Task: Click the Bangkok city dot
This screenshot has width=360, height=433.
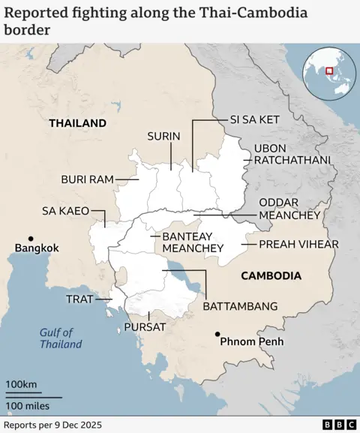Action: pos(30,238)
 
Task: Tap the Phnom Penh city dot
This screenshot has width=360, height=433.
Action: pos(217,334)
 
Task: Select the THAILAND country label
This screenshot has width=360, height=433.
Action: pos(77,123)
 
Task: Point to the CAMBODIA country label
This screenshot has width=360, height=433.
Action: pos(271,276)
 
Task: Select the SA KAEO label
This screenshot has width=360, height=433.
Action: pos(65,211)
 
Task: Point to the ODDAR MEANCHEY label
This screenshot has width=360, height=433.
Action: pos(289,209)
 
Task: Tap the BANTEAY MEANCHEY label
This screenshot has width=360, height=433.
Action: pos(193,242)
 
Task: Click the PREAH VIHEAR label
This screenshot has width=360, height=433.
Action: pos(298,244)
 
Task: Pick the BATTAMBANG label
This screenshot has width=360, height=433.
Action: pos(240,306)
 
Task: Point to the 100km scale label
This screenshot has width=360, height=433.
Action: pos(22,385)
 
